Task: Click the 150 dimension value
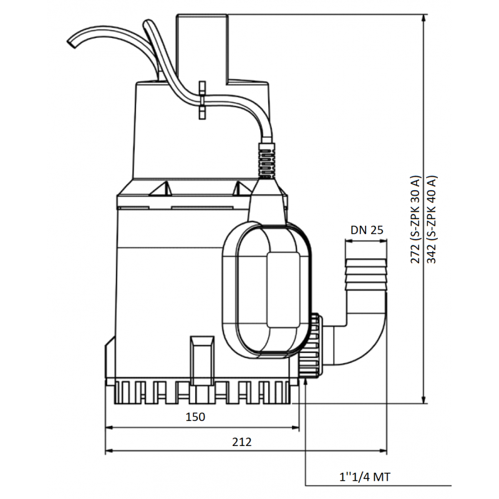(195, 417)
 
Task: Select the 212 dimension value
(241, 442)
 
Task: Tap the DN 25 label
(367, 230)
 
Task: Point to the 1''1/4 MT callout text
(365, 477)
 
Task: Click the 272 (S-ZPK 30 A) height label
(415, 220)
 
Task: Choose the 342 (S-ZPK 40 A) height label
(432, 220)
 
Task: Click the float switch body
(267, 289)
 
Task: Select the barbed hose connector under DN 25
(366, 274)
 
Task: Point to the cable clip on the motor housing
(201, 100)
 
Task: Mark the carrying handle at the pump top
(202, 48)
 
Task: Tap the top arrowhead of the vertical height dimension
(424, 18)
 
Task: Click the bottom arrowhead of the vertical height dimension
(424, 399)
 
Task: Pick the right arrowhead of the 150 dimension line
(295, 428)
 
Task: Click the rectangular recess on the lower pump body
(201, 360)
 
